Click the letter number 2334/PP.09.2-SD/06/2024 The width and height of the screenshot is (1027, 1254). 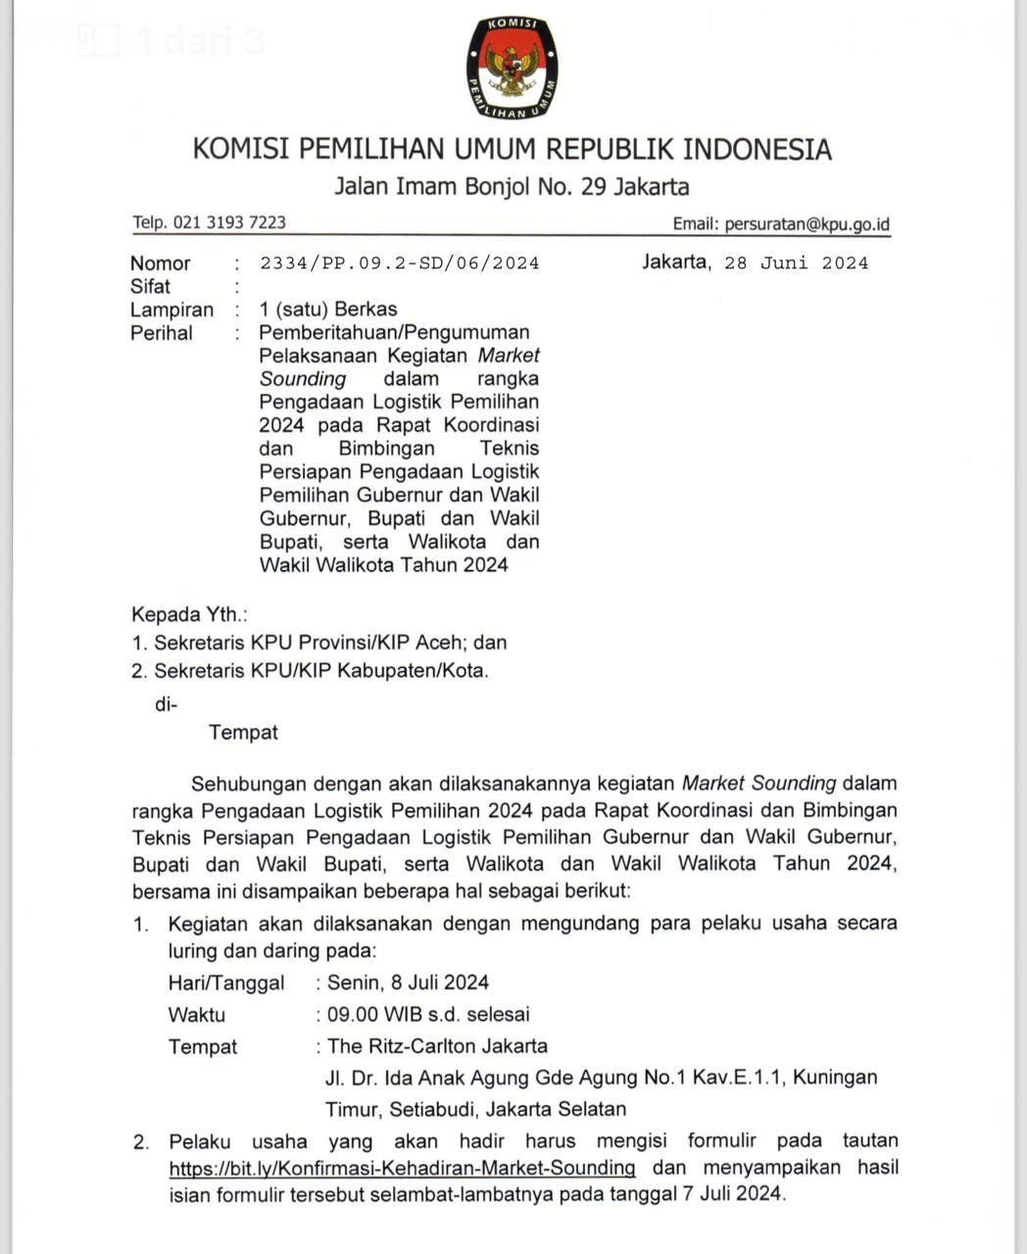pyautogui.click(x=400, y=264)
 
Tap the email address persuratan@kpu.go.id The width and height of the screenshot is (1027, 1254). pyautogui.click(x=807, y=224)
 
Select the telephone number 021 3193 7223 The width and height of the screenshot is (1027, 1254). pyautogui.click(x=229, y=222)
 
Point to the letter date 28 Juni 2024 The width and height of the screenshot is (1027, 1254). pyautogui.click(x=796, y=263)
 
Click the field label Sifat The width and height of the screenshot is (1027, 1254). pyautogui.click(x=150, y=287)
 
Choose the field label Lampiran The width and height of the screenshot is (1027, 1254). pyautogui.click(x=171, y=310)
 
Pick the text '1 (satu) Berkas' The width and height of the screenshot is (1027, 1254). pyautogui.click(x=328, y=310)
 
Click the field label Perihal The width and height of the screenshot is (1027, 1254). pyautogui.click(x=162, y=333)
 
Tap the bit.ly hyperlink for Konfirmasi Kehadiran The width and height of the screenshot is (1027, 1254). pyautogui.click(x=402, y=1168)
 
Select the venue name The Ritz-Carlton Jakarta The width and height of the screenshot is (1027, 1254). pyautogui.click(x=437, y=1046)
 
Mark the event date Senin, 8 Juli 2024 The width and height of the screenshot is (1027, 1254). pyautogui.click(x=408, y=983)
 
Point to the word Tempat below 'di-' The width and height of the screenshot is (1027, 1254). pyautogui.click(x=243, y=733)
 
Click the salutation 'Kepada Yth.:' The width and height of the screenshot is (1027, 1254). pyautogui.click(x=189, y=615)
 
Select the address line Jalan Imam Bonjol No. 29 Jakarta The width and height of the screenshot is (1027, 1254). pyautogui.click(x=512, y=186)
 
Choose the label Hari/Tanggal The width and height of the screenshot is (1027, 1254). pyautogui.click(x=226, y=983)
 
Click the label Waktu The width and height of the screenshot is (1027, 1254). pyautogui.click(x=196, y=1014)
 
